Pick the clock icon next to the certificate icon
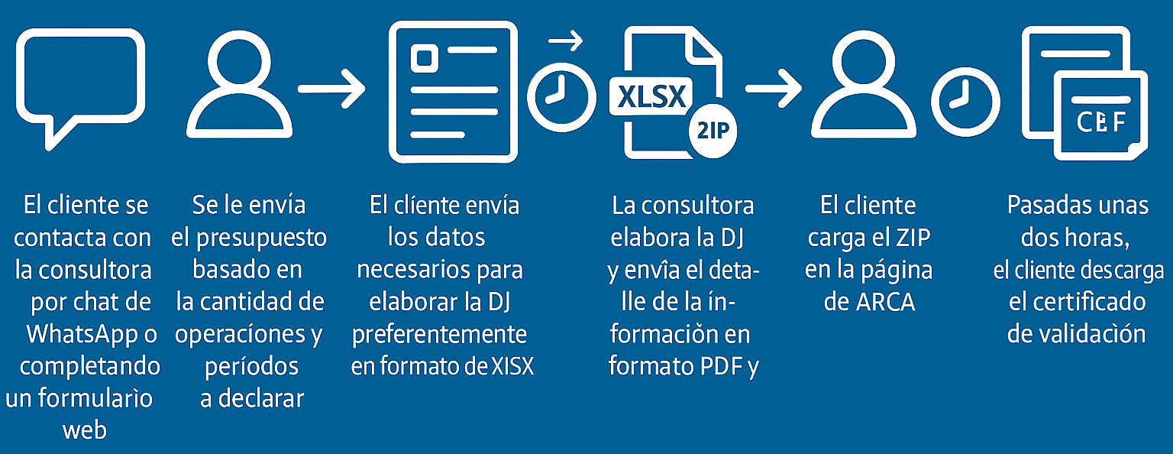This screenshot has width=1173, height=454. (x=965, y=102)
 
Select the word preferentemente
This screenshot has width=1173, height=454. (x=439, y=334)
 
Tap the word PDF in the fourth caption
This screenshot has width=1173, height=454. (x=721, y=367)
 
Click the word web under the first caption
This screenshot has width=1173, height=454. (x=84, y=430)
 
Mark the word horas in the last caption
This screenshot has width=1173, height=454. (x=1094, y=238)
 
